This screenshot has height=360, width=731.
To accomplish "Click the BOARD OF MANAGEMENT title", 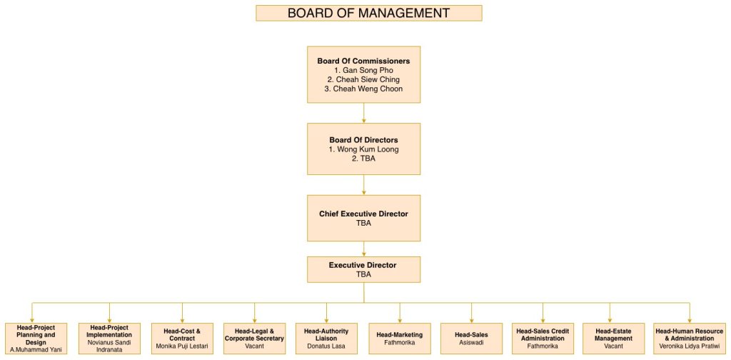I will [368, 13].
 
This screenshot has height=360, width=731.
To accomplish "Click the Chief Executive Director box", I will [363, 218].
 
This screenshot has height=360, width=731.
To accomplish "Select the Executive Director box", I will [363, 269].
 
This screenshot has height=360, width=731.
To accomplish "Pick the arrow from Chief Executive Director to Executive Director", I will [364, 249].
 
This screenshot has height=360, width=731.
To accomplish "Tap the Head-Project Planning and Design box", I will [36, 338].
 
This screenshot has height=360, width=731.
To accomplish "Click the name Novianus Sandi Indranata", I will [109, 346].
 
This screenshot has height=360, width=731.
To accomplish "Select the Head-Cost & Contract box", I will [182, 338].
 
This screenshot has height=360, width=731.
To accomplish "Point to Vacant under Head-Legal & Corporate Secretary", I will [254, 346].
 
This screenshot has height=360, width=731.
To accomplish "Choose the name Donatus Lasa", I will [327, 346].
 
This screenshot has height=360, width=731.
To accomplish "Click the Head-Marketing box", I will [400, 338].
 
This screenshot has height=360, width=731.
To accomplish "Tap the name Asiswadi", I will [472, 342].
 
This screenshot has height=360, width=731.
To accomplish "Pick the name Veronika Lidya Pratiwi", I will [689, 346].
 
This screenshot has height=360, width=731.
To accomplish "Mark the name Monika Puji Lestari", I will [182, 346].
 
